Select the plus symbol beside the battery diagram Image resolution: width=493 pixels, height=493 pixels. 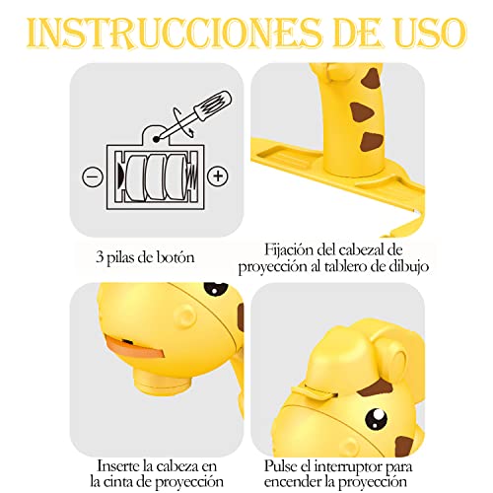click(219, 176)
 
